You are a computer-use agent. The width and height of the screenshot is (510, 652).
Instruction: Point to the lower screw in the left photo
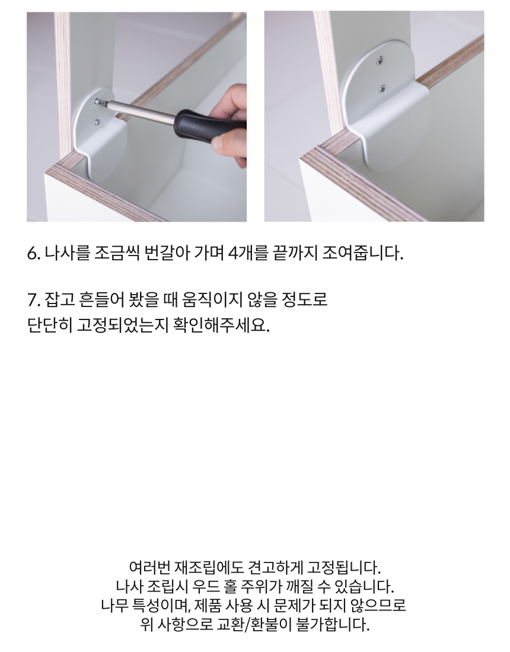(97, 122)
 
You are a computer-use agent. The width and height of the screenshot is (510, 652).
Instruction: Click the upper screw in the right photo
(380, 61)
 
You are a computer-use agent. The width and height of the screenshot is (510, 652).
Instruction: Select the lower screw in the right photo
(382, 88)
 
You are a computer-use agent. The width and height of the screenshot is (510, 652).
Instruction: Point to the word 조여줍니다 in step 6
(362, 253)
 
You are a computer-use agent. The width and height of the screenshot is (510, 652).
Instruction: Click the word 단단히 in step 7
(50, 325)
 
